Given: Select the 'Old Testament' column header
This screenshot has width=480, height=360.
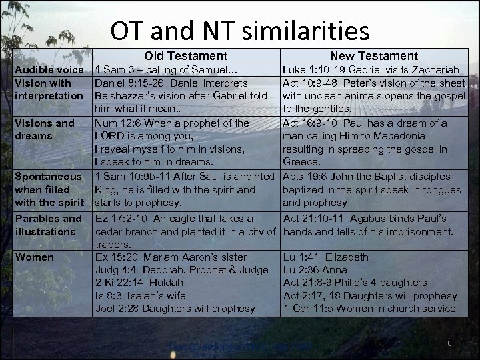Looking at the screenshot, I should click(x=186, y=57).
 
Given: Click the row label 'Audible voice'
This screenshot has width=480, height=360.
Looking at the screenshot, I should click(x=49, y=70).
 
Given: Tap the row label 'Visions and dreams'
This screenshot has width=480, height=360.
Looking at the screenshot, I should click(x=45, y=129).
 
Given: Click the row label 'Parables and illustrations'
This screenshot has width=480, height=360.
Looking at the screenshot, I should click(x=48, y=225).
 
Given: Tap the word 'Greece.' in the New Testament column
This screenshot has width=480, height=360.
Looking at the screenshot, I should click(x=302, y=162).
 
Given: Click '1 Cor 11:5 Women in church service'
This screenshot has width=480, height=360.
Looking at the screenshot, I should click(x=369, y=309).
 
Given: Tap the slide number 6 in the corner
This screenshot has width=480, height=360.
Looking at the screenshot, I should click(x=449, y=343).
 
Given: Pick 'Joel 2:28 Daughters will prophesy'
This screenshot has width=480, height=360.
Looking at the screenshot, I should click(x=175, y=309).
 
